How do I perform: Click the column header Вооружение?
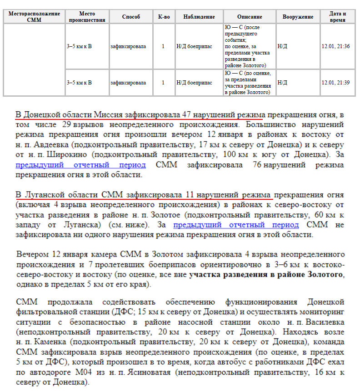pos(298,17)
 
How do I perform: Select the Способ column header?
pos(131,17)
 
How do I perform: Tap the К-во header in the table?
pos(164,17)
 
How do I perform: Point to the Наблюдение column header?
pos(199,17)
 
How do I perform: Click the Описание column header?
pos(250,17)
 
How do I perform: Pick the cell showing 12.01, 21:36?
pos(335,46)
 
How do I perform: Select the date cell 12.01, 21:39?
pos(335,83)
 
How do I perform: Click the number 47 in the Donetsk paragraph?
pos(186,113)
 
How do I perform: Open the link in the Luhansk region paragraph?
pos(236,225)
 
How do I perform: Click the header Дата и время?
pos(338,17)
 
